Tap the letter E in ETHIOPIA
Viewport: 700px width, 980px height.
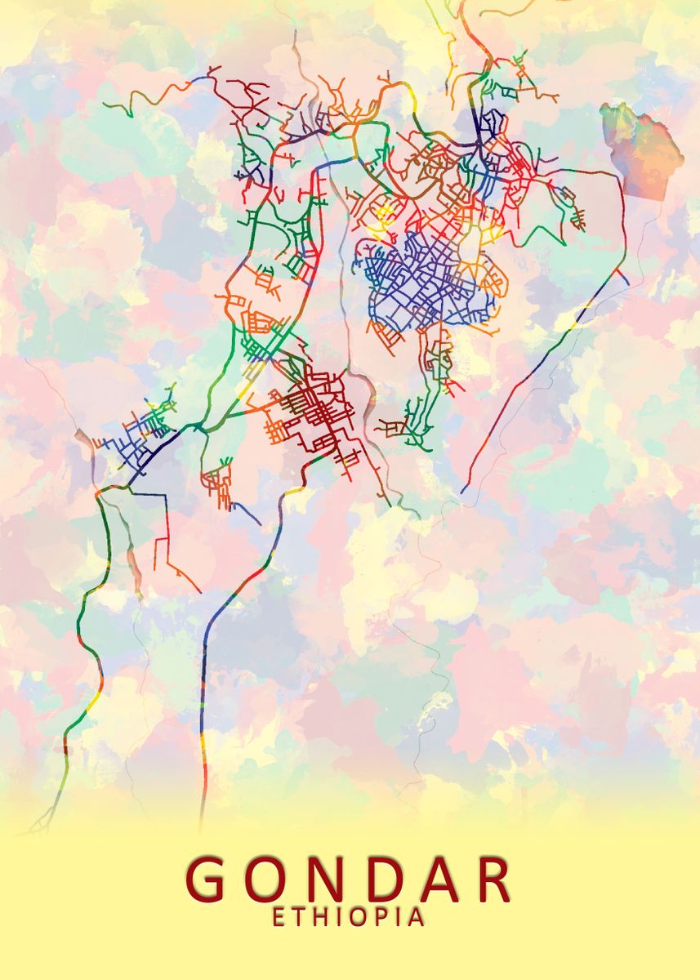(279, 917)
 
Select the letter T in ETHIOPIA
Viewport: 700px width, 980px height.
(298, 917)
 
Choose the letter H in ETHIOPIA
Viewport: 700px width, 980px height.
(320, 917)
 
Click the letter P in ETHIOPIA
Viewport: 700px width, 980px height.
(383, 917)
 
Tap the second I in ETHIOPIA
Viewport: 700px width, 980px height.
(400, 917)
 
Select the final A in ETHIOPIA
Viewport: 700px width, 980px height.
(417, 917)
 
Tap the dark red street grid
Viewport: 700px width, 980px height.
(314, 412)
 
